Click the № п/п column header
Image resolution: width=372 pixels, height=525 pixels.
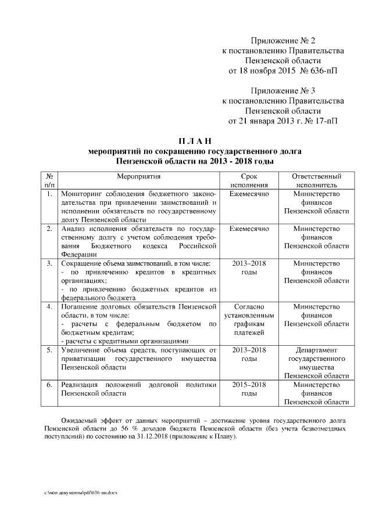point(49,180)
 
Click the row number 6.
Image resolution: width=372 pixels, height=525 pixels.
point(49,385)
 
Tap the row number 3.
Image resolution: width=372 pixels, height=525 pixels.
point(49,263)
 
